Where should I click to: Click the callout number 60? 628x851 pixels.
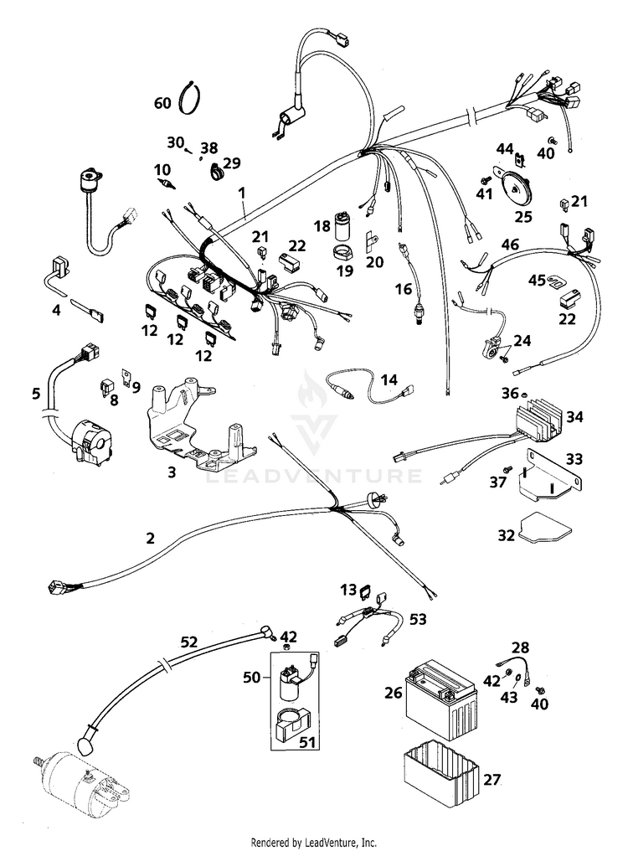click(x=162, y=103)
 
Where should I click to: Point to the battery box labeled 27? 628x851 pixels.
click(x=442, y=776)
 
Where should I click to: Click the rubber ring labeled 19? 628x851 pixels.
click(x=342, y=250)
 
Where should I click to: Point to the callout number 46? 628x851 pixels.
click(x=509, y=245)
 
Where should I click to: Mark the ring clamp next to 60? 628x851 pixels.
click(x=192, y=96)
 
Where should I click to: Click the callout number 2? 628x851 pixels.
click(x=150, y=539)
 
